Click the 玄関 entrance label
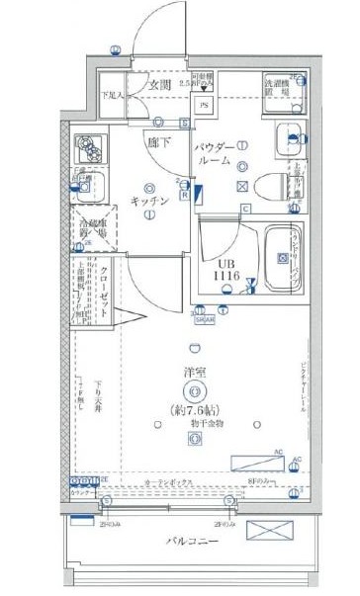[161, 86]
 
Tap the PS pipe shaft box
[205, 104]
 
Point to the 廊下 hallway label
[158, 141]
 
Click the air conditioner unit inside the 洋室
[258, 463]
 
